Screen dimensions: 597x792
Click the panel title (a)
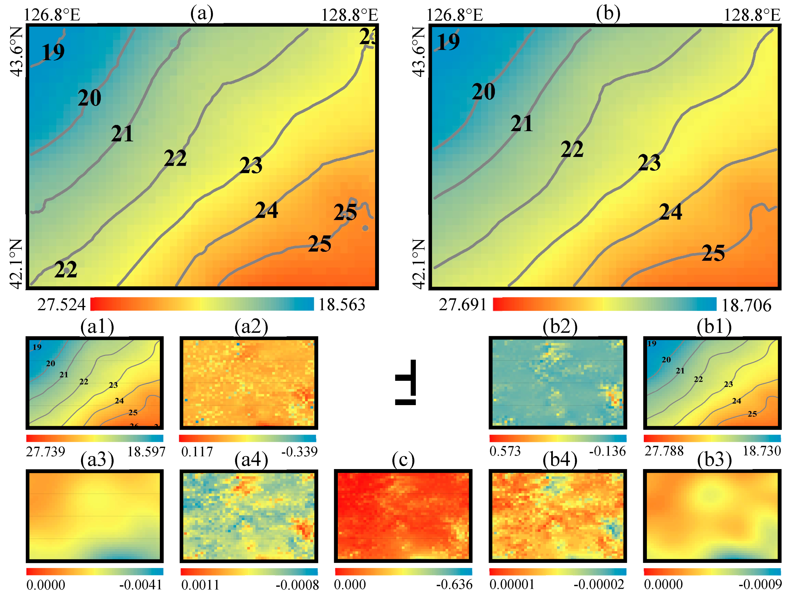coord(202,14)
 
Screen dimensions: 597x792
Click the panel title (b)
coord(608,14)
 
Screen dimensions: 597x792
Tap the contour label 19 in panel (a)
coord(53,52)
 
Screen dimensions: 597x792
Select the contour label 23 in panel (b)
coord(649,163)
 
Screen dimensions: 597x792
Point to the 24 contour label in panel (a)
coord(266,210)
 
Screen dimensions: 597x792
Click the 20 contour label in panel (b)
coord(483,92)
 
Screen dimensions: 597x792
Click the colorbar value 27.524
coord(62,304)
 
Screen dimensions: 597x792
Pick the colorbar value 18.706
coord(746,305)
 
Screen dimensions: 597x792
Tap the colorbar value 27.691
coord(462,304)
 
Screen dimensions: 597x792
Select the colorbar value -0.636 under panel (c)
coord(454,585)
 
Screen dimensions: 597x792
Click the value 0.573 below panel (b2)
coord(505,451)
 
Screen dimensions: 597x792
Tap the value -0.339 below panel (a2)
coord(299,451)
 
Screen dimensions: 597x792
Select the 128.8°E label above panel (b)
coord(752,15)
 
